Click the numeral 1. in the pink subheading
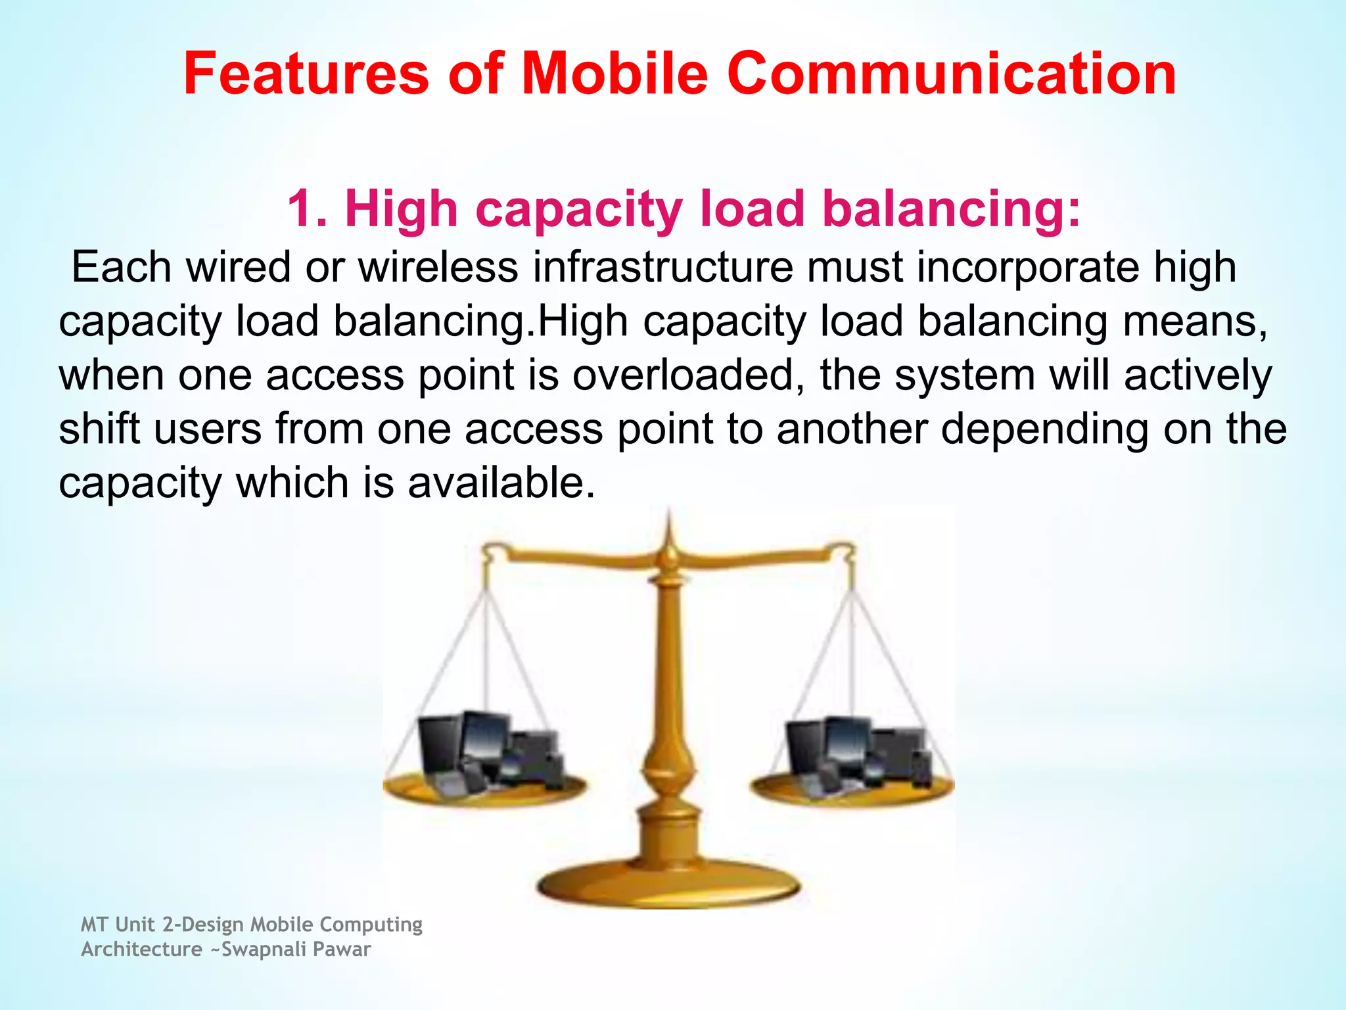click(x=307, y=208)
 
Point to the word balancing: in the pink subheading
click(x=951, y=208)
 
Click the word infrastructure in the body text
click(x=662, y=267)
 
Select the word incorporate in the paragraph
click(x=1028, y=267)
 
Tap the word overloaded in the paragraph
click(x=684, y=375)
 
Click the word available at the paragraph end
click(x=501, y=483)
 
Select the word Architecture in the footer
click(x=141, y=950)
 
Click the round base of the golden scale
click(x=668, y=885)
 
